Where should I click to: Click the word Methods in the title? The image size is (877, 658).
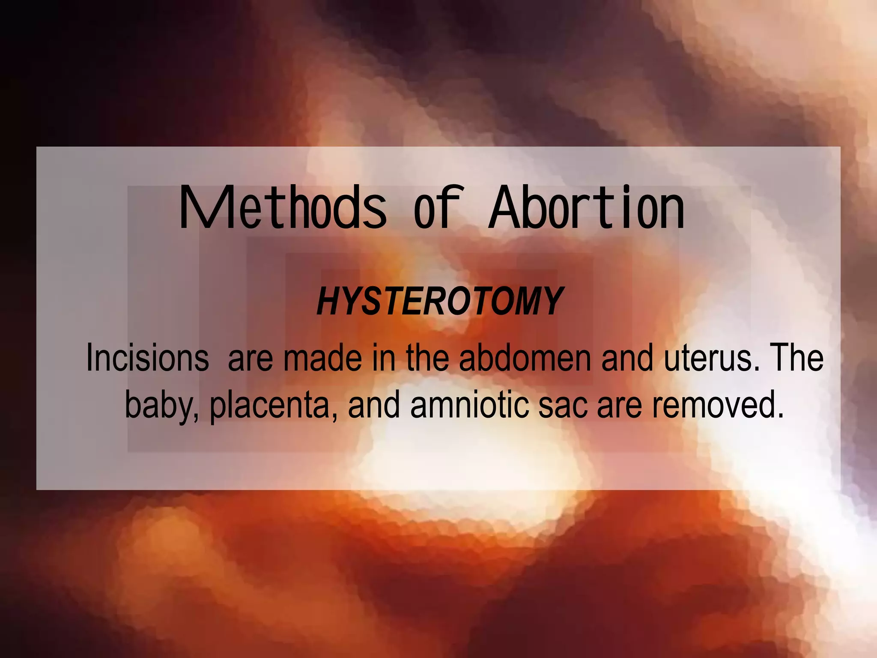[x=283, y=209]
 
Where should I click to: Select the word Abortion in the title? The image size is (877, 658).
[x=587, y=209]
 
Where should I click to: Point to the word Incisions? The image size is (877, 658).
[x=147, y=358]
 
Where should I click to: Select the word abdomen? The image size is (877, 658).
[x=525, y=358]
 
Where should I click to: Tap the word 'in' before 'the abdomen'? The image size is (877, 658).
[x=384, y=358]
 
